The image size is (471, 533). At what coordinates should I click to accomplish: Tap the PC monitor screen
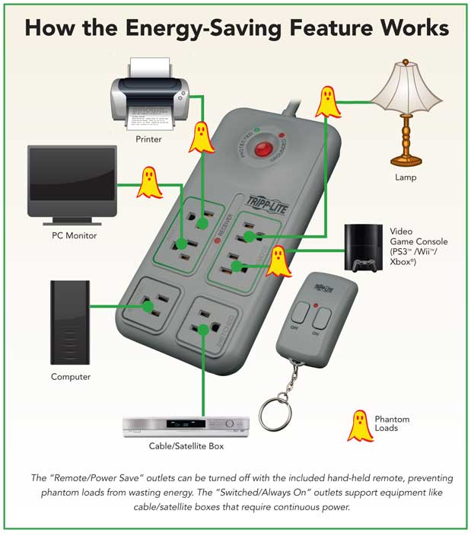[x=72, y=174]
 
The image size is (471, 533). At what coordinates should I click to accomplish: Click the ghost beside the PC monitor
[x=148, y=183]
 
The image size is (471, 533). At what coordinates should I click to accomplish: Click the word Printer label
[x=148, y=139]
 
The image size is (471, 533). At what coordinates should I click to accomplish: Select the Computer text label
[x=71, y=377]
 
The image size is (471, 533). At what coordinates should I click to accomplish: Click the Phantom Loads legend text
[x=393, y=423]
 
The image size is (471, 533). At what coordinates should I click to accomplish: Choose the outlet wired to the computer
[x=155, y=305]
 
